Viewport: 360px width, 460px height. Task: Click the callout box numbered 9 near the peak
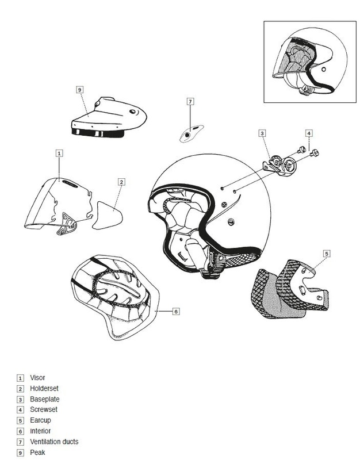click(80, 89)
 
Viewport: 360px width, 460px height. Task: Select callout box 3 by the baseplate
click(262, 133)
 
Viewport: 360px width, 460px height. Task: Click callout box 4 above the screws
click(308, 133)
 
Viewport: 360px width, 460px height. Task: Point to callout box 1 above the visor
click(59, 153)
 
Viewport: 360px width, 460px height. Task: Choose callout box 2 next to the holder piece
click(121, 182)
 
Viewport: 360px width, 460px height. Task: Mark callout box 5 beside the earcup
click(326, 253)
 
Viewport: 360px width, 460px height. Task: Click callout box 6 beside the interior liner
click(176, 311)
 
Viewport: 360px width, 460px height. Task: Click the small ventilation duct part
click(190, 133)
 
